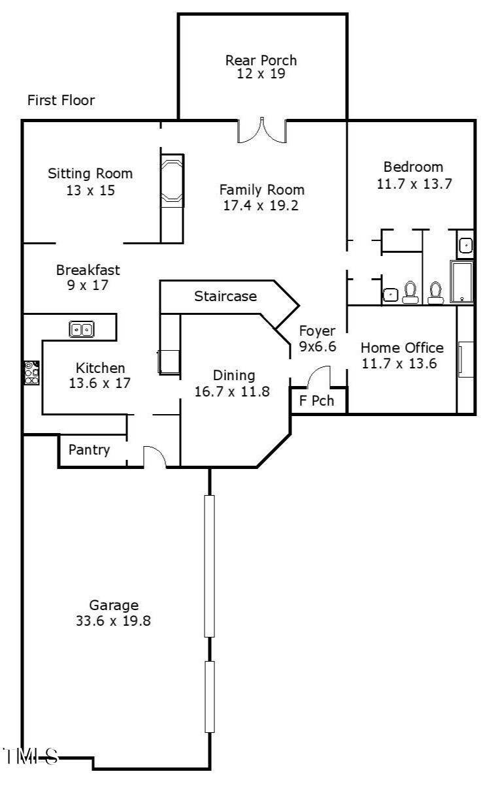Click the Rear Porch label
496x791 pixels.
(261, 60)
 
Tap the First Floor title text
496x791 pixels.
(61, 101)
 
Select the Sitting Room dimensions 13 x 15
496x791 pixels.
(91, 190)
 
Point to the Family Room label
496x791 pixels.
(262, 190)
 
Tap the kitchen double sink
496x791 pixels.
(82, 329)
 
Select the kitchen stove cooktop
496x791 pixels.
(32, 372)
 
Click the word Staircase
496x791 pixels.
(225, 297)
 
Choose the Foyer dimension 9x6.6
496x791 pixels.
(318, 346)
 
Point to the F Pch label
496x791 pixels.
(316, 401)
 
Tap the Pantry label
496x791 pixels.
(89, 450)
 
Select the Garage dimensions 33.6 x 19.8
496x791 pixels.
(114, 621)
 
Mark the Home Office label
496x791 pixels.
(402, 348)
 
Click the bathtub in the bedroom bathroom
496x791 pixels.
(462, 282)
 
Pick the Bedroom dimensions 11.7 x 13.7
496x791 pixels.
(414, 184)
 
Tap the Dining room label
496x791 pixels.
(234, 376)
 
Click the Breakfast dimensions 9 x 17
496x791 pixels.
(88, 285)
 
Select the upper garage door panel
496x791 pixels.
(210, 566)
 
